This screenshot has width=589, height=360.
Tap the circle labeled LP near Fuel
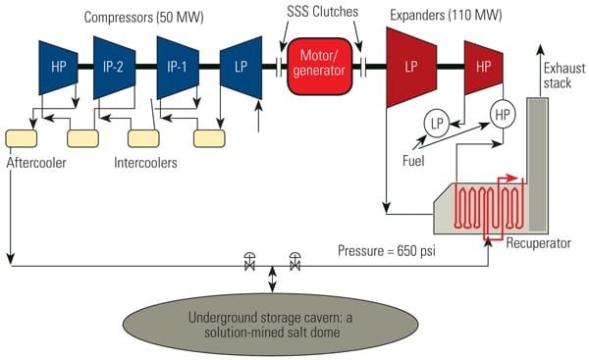(x=437, y=122)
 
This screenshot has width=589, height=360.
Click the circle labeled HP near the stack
(x=503, y=114)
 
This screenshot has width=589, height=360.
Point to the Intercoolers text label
(x=146, y=163)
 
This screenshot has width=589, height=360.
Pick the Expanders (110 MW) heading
(x=440, y=18)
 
